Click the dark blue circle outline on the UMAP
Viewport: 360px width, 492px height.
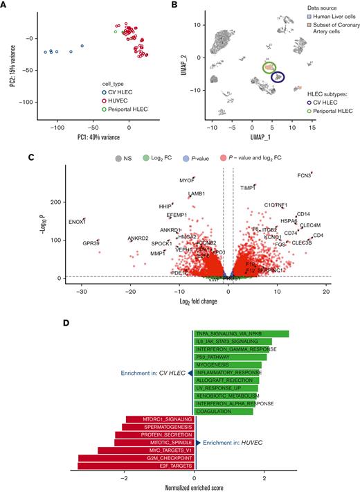[278, 78]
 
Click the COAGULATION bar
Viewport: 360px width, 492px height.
[224, 411]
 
